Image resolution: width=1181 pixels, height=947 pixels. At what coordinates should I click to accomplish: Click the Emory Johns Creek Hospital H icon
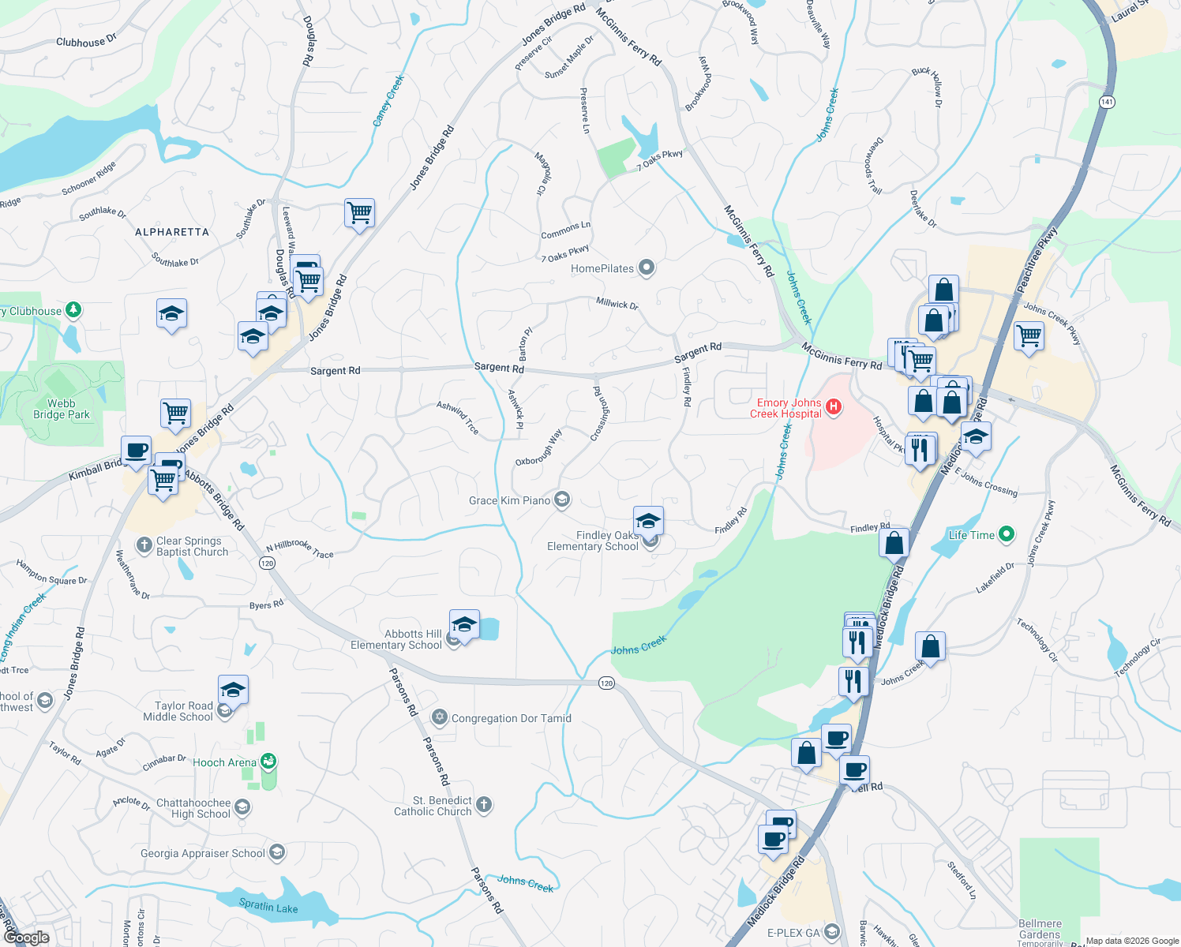pyautogui.click(x=834, y=407)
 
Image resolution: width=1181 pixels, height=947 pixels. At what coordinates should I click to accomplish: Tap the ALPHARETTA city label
pyautogui.click(x=172, y=232)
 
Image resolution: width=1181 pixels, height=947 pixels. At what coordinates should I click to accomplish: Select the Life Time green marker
pyautogui.click(x=1006, y=534)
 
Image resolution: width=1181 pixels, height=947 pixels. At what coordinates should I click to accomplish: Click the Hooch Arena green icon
pyautogui.click(x=268, y=762)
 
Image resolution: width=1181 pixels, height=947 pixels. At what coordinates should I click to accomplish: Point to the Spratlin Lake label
pyautogui.click(x=268, y=907)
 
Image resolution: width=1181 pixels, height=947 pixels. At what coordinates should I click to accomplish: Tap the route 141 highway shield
pyautogui.click(x=1107, y=102)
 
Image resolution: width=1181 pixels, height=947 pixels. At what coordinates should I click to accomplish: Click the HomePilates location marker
pyautogui.click(x=647, y=268)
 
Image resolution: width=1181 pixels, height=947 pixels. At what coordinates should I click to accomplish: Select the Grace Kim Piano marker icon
pyautogui.click(x=562, y=500)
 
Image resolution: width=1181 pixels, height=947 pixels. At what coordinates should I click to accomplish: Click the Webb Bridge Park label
pyautogui.click(x=62, y=409)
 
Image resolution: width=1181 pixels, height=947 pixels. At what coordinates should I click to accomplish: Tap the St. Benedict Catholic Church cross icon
pyautogui.click(x=484, y=805)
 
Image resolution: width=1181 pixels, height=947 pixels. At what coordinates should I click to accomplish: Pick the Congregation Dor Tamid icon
pyautogui.click(x=440, y=717)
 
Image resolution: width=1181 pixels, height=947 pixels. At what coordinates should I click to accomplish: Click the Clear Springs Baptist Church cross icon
pyautogui.click(x=144, y=545)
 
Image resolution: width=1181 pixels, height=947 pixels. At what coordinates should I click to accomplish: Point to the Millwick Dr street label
pyautogui.click(x=617, y=303)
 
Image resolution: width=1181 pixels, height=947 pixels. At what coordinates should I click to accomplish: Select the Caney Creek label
pyautogui.click(x=388, y=100)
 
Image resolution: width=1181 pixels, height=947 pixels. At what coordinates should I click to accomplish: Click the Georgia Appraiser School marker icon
pyautogui.click(x=276, y=852)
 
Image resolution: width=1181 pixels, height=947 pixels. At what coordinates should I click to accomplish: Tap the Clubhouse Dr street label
pyautogui.click(x=86, y=40)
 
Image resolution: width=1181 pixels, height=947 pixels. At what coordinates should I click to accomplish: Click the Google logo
pyautogui.click(x=26, y=938)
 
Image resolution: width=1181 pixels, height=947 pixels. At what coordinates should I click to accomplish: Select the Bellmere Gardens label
pyautogui.click(x=1040, y=929)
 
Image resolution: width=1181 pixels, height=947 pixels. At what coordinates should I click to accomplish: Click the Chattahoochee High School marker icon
pyautogui.click(x=242, y=807)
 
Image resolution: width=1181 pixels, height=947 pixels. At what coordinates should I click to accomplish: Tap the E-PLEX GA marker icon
pyautogui.click(x=832, y=932)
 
